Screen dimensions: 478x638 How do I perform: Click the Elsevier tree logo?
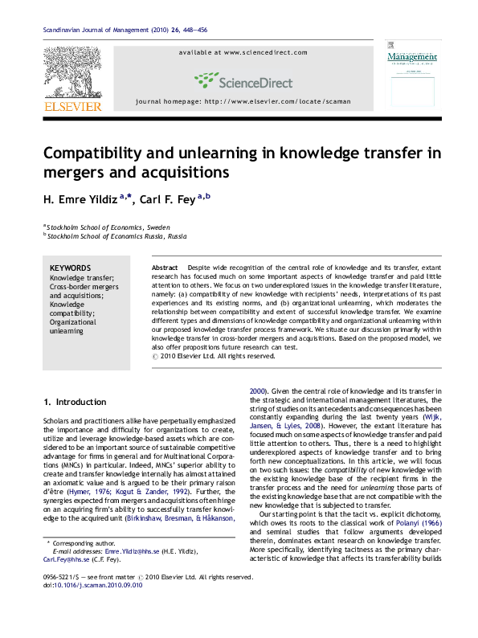pos(71,72)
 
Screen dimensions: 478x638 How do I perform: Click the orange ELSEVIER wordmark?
pos(71,106)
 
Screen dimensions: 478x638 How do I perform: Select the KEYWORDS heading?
pos(71,268)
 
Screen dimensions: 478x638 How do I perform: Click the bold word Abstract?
pos(165,267)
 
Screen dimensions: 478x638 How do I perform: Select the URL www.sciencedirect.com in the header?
pos(265,52)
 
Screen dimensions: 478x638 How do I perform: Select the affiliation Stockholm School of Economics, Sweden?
pos(108,227)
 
